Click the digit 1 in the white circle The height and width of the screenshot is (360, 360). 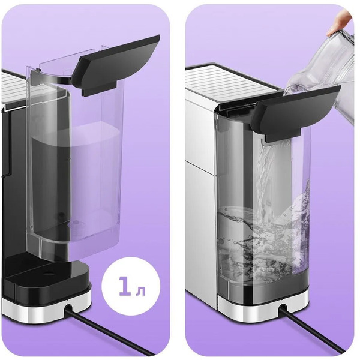point(125,286)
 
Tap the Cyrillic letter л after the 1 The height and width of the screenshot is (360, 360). point(140,290)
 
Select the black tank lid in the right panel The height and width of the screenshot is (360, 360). point(297,112)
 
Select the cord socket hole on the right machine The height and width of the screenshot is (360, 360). point(283,308)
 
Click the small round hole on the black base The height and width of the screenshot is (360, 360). point(47,272)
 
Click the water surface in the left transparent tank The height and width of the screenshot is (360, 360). point(76,134)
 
